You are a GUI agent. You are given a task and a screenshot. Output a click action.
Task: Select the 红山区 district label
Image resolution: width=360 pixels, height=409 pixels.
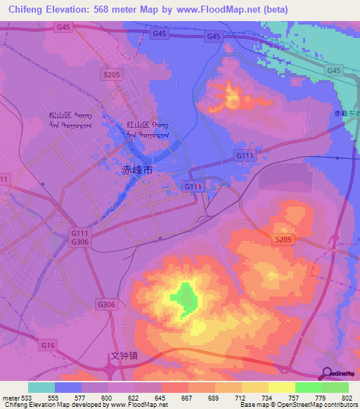coord(138,125)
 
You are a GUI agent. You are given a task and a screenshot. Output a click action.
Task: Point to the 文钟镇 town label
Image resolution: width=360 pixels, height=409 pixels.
coord(124,356)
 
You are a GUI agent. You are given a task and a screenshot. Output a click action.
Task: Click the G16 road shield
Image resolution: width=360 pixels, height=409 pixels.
coord(48,345)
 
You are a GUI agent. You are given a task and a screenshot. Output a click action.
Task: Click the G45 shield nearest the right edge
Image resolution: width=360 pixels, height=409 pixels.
coord(333,71)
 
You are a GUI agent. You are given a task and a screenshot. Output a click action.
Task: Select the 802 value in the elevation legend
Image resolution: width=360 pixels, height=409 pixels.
coord(347,397)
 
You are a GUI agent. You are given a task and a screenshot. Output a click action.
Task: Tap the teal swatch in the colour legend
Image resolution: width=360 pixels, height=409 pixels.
coord(41,387)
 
